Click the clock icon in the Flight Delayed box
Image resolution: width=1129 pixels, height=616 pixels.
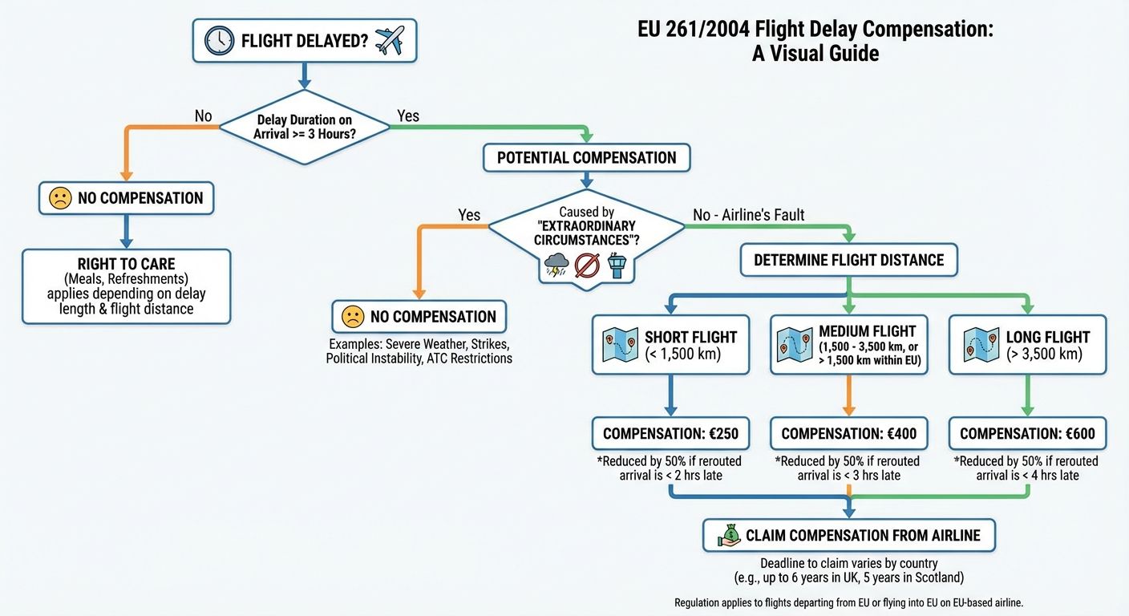pyautogui.click(x=219, y=40)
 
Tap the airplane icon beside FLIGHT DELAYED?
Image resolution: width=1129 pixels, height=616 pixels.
pyautogui.click(x=390, y=39)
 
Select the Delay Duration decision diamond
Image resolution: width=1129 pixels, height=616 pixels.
pyautogui.click(x=304, y=127)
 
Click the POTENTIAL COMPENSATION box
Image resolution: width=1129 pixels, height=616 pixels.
pyautogui.click(x=586, y=157)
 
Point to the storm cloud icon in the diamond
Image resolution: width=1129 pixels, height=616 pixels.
pyautogui.click(x=555, y=265)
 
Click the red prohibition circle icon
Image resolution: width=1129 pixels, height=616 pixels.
pyautogui.click(x=587, y=265)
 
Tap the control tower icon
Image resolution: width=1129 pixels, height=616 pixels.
pyautogui.click(x=617, y=265)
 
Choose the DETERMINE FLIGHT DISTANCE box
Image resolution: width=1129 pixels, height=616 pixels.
pyautogui.click(x=848, y=260)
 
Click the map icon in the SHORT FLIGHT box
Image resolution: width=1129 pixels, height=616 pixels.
pyautogui.click(x=619, y=344)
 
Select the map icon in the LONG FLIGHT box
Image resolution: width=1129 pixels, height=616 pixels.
pyautogui.click(x=975, y=344)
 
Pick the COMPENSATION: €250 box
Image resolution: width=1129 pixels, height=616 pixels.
pyautogui.click(x=670, y=434)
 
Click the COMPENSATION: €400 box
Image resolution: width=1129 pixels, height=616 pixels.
pyautogui.click(x=848, y=434)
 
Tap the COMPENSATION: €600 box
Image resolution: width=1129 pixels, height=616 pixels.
pyautogui.click(x=1027, y=434)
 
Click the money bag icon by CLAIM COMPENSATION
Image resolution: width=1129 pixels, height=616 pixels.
pyautogui.click(x=729, y=535)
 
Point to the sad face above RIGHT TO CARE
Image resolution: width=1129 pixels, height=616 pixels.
pyautogui.click(x=60, y=198)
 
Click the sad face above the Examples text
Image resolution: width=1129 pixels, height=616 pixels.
pyautogui.click(x=353, y=317)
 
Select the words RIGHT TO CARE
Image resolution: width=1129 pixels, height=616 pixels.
pyautogui.click(x=126, y=263)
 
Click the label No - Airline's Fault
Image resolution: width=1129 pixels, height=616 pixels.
pyautogui.click(x=747, y=214)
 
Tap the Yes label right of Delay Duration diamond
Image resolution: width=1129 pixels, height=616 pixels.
pyautogui.click(x=407, y=116)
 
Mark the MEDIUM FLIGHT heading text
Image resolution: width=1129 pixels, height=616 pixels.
pyautogui.click(x=867, y=331)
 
